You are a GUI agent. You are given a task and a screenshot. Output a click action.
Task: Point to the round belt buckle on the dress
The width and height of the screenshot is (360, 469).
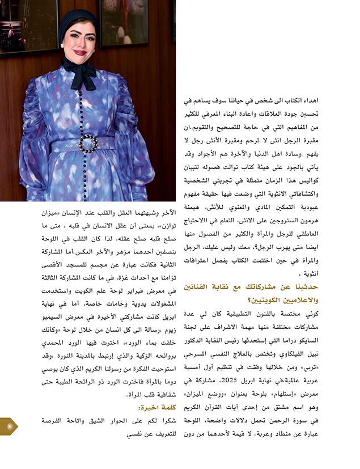[88, 143]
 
